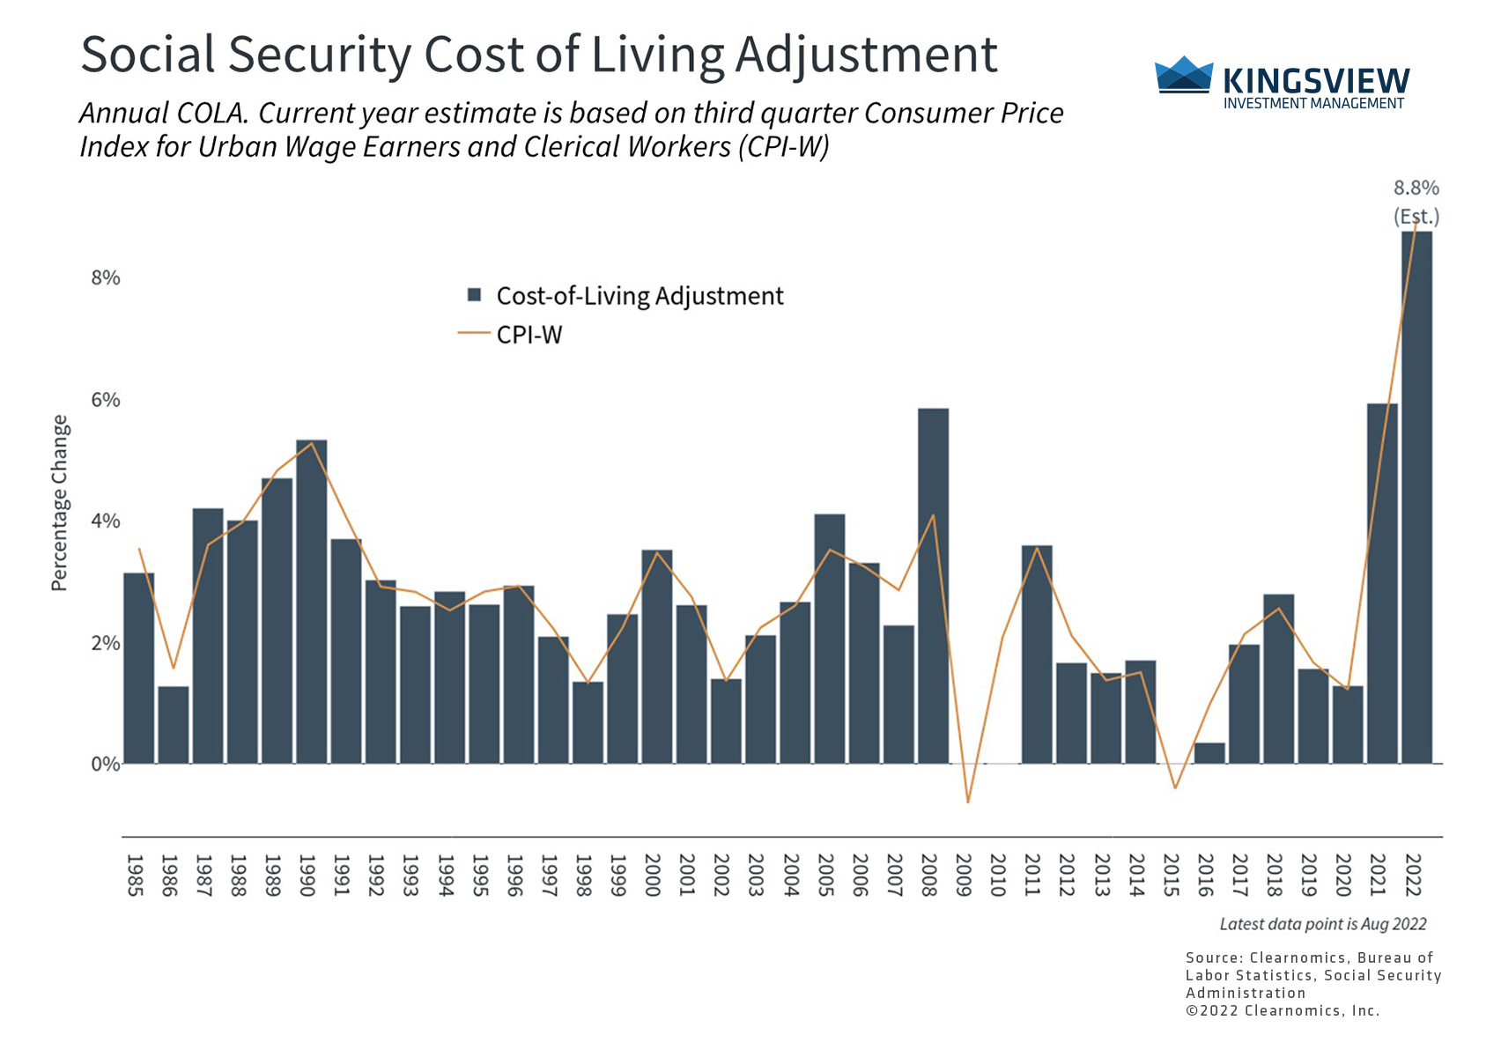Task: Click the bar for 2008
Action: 933,586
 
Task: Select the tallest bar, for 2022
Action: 1416,498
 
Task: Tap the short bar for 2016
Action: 1209,753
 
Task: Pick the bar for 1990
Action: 311,602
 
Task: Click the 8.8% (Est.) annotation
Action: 1416,202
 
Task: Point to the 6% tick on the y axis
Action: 106,400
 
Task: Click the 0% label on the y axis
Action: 106,764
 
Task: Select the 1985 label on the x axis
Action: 135,875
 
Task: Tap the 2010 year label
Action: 998,875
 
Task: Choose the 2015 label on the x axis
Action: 1171,875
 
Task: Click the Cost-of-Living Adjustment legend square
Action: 474,295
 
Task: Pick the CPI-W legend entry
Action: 529,335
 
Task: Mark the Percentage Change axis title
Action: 59,502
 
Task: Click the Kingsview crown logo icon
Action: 1183,75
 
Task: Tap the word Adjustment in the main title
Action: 866,55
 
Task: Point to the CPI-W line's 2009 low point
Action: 967,802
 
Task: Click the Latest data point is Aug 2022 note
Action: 1322,924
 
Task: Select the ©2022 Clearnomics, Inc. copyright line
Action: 1282,1010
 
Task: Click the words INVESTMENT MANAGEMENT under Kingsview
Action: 1313,104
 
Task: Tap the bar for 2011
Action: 1037,654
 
